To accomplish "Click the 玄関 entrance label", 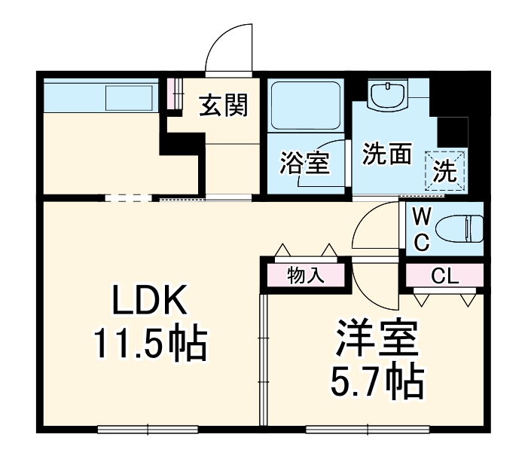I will click(x=223, y=107).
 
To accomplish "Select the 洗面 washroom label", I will click(x=387, y=155).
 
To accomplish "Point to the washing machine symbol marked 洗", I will click(x=445, y=170).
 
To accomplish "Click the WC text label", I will click(x=422, y=230).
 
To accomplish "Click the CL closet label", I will click(x=444, y=277).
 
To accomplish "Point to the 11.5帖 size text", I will click(x=149, y=343).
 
